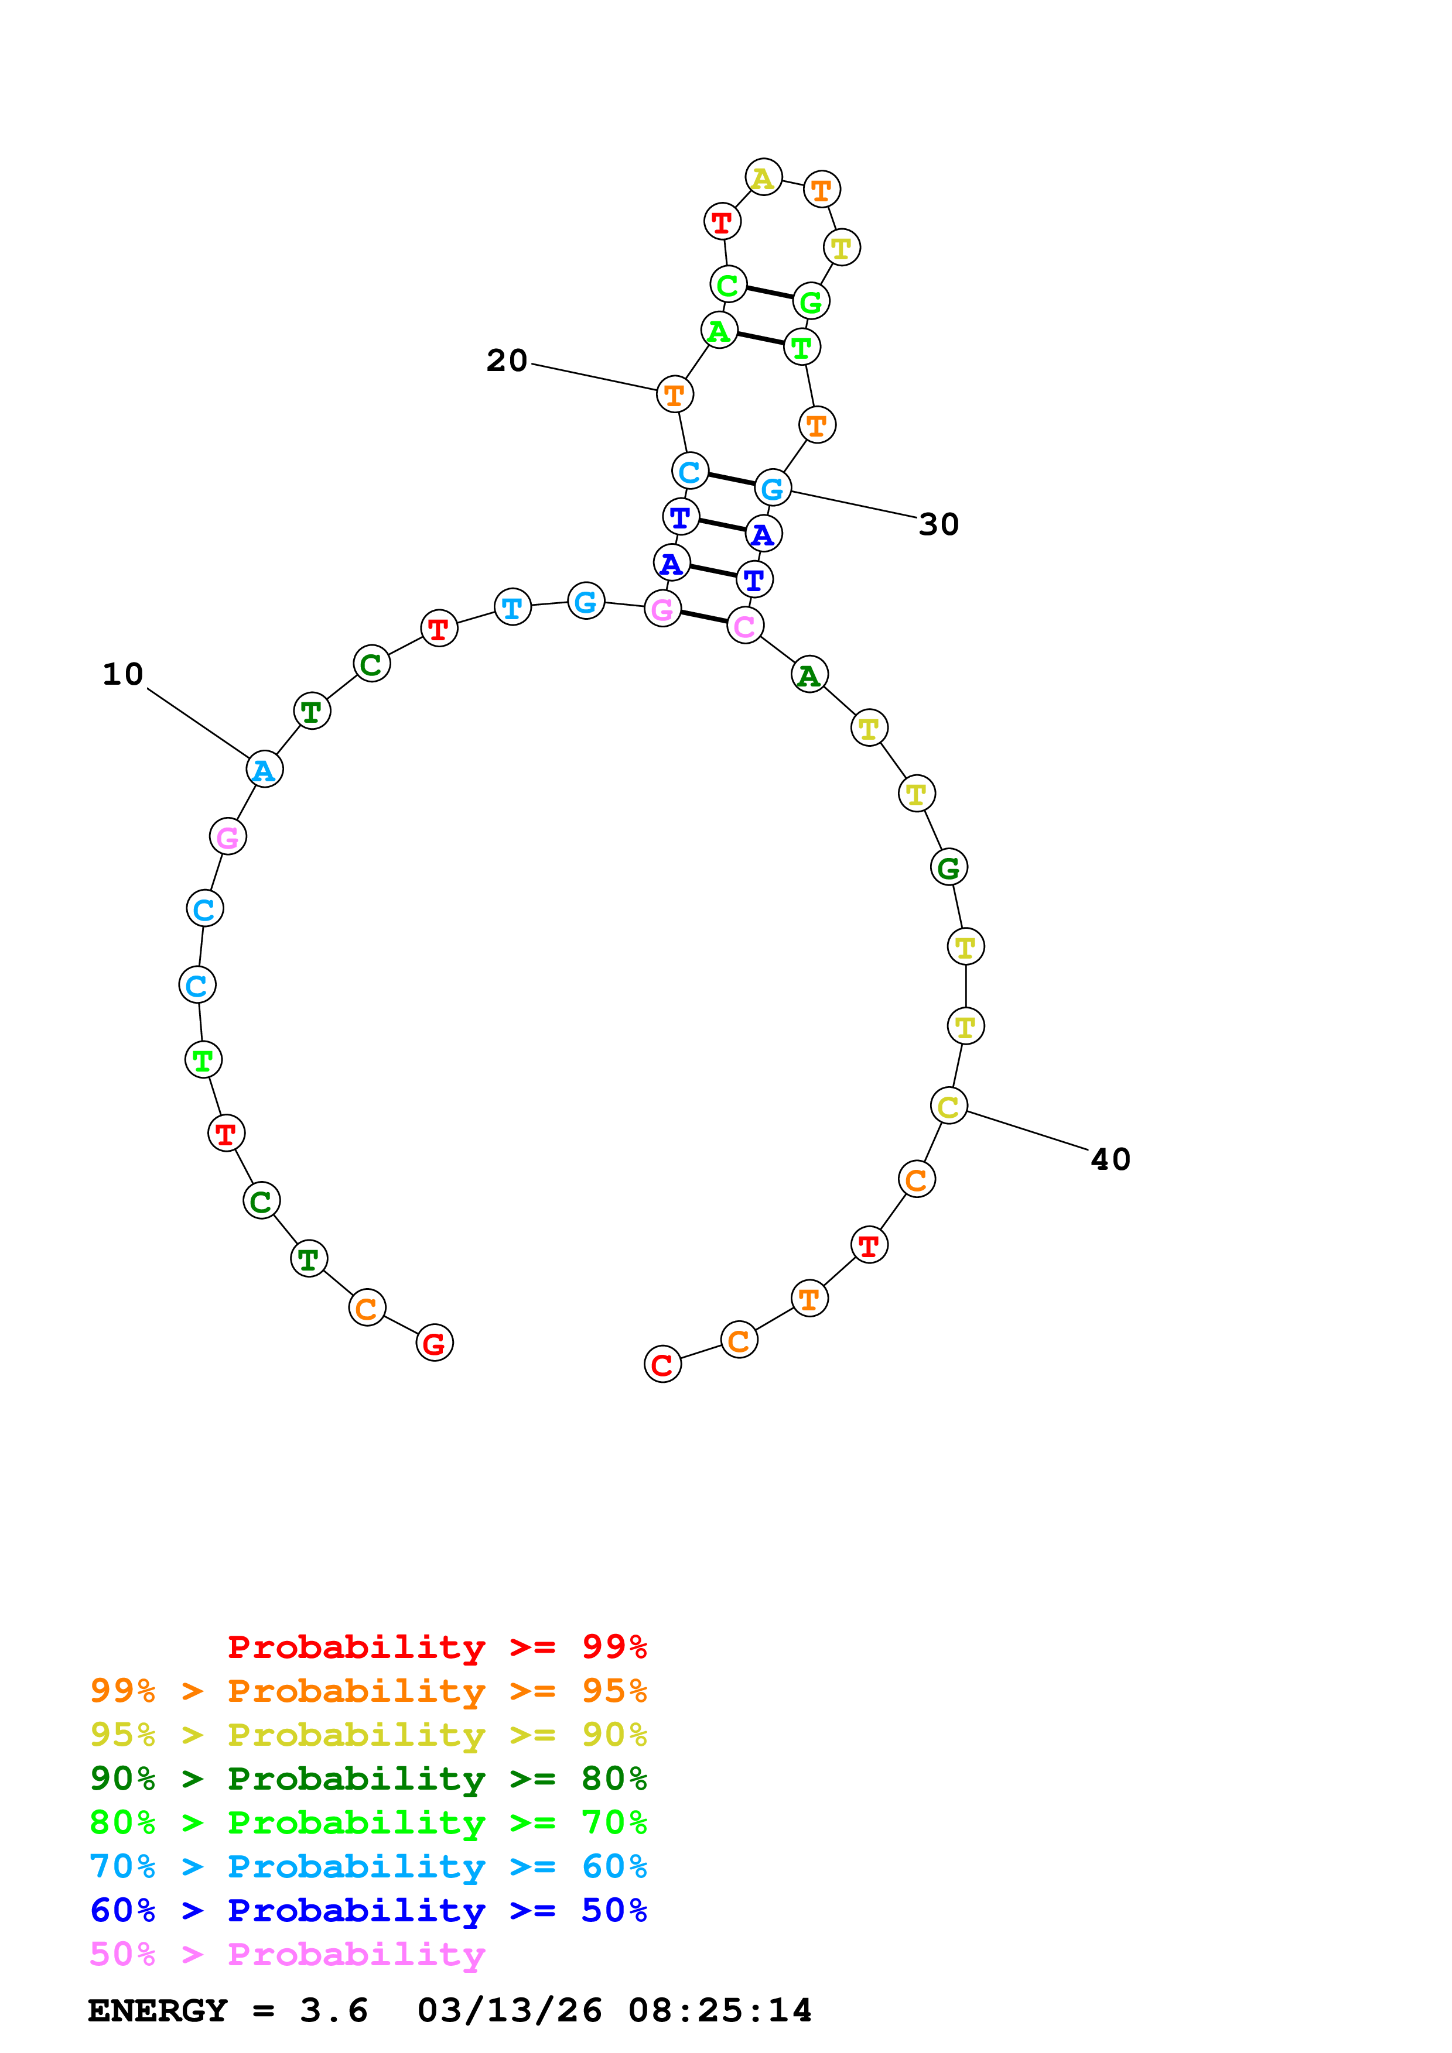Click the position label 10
click(122, 674)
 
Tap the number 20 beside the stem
click(507, 361)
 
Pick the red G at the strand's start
click(435, 1343)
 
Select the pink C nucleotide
click(745, 626)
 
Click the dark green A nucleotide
click(809, 675)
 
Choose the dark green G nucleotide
click(948, 867)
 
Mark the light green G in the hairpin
click(811, 301)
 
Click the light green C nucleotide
click(728, 285)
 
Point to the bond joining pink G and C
click(704, 617)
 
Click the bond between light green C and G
click(770, 293)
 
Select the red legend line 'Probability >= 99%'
click(436, 1647)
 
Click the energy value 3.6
click(334, 2010)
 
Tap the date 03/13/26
click(509, 2010)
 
